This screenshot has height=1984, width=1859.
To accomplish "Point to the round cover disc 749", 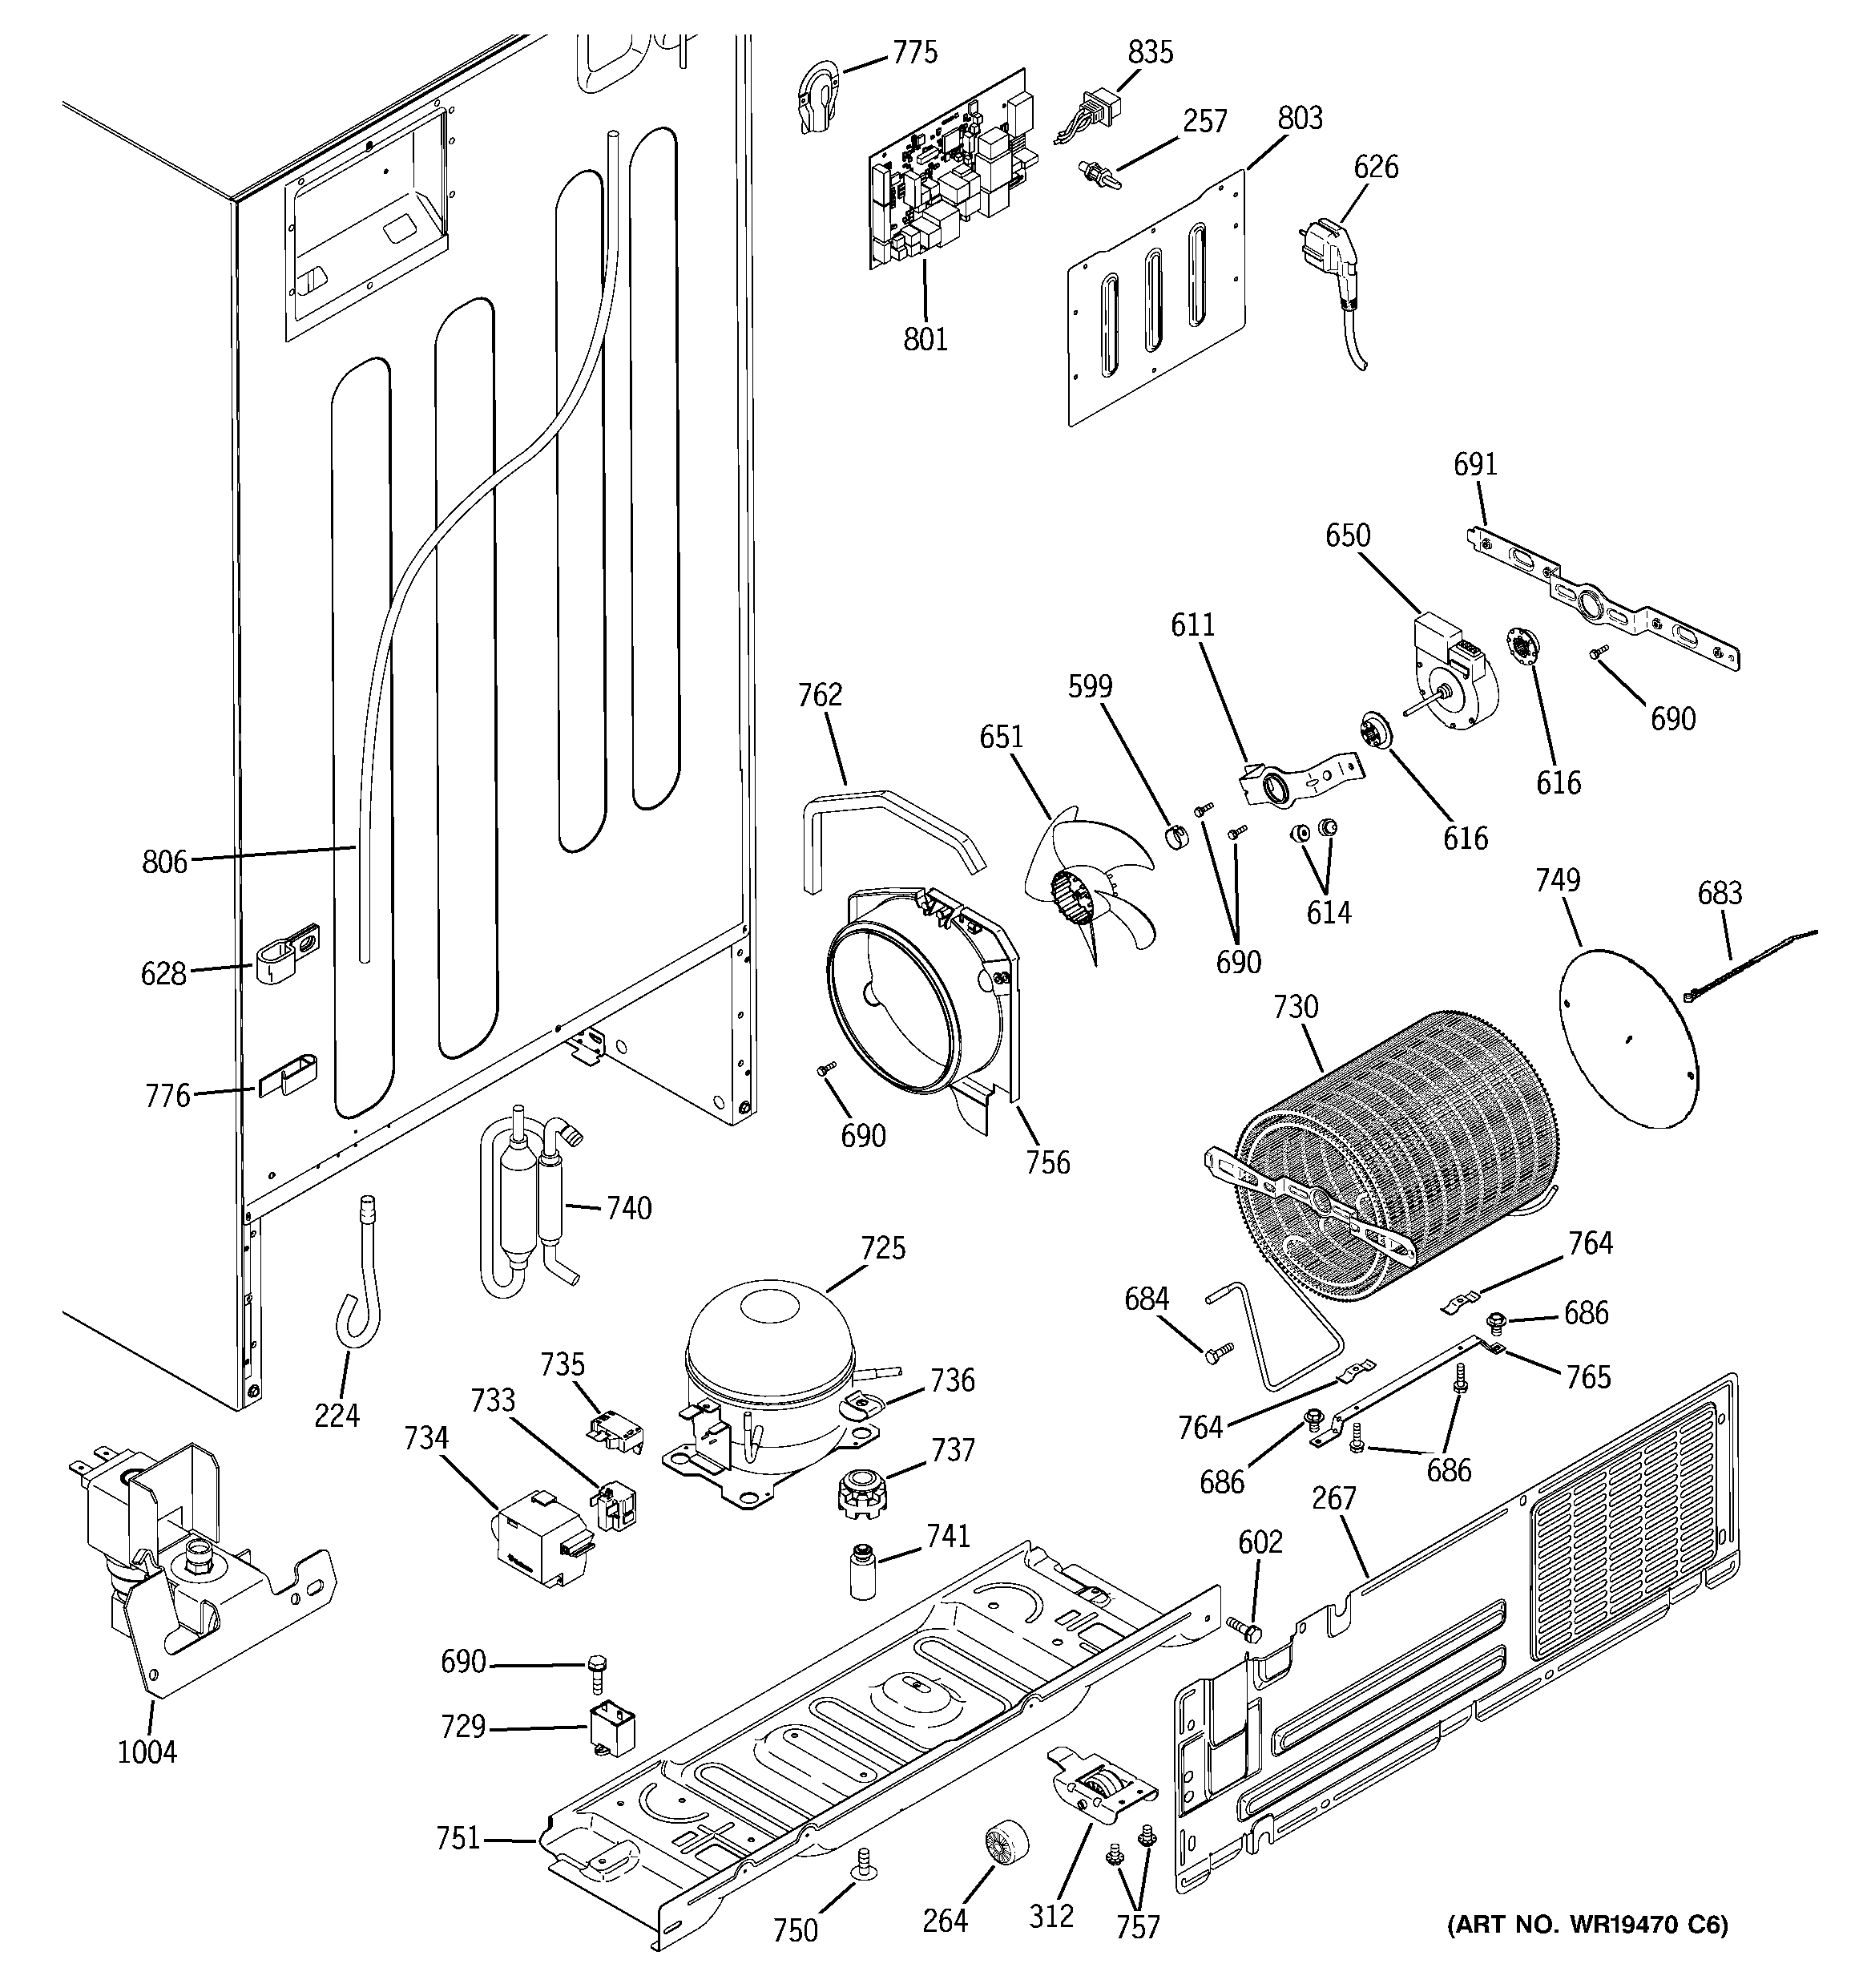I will coord(1627,1037).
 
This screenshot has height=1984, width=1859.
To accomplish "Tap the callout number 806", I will coord(163,861).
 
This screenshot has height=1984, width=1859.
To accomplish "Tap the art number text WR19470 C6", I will coord(1587,1922).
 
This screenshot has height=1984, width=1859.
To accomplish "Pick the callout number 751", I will coord(458,1837).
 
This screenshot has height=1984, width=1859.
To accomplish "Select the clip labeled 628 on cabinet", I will coord(288,954).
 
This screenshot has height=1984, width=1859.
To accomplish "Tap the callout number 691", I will coord(1475,464).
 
